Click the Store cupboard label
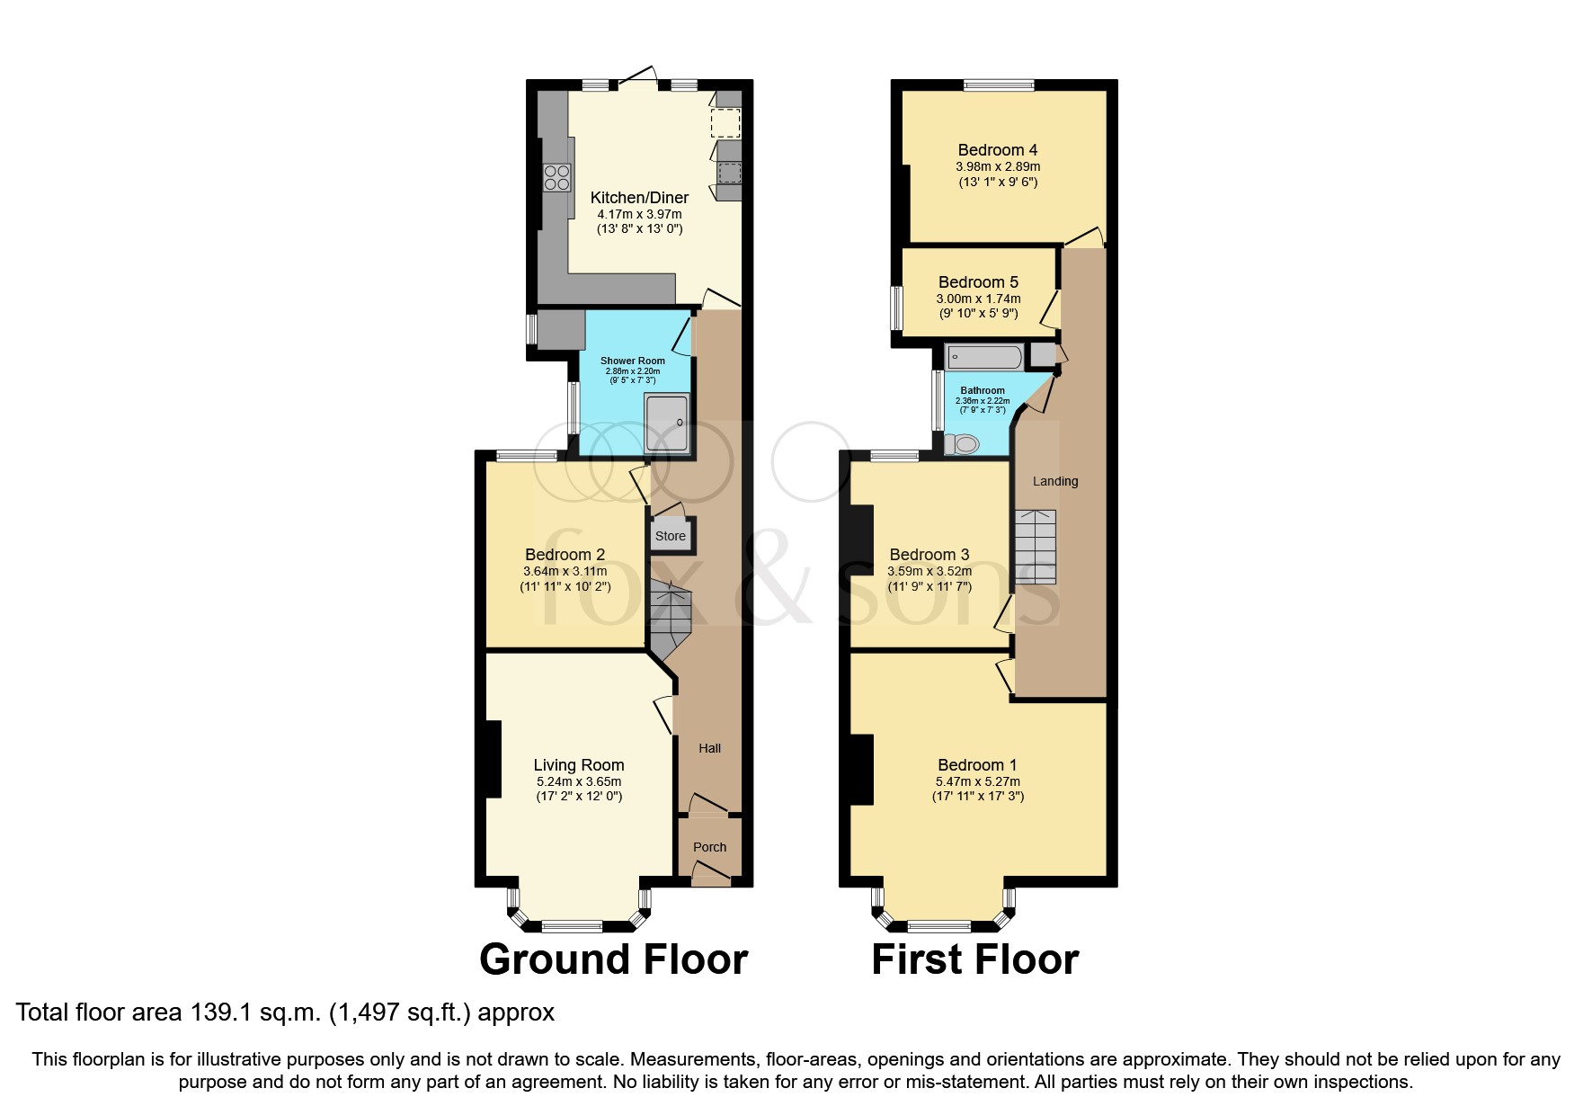pos(670,536)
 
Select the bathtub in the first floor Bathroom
pos(983,357)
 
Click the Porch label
pos(709,847)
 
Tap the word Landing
pos(1054,481)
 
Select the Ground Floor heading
pos(613,959)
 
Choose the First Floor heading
pos(974,959)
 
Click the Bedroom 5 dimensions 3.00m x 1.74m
pos(978,299)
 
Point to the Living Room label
pos(578,765)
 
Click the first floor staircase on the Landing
pos(1036,547)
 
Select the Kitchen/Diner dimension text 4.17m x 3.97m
pos(639,214)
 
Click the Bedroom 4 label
pos(997,150)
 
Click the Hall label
pos(709,748)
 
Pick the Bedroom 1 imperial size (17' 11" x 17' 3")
pos(978,796)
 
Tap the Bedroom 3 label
pos(929,555)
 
